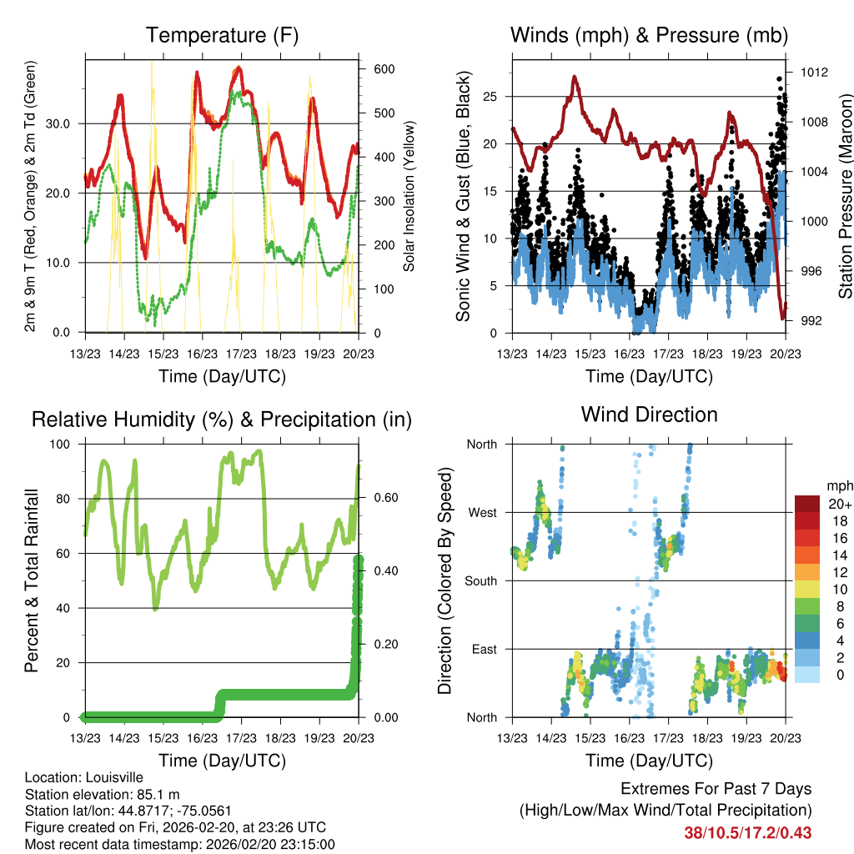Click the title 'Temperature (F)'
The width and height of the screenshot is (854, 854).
pyautogui.click(x=222, y=35)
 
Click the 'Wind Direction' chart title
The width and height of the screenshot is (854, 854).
pyautogui.click(x=649, y=414)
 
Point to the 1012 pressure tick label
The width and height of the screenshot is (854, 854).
pyautogui.click(x=812, y=73)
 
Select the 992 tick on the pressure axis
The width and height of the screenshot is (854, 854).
pyautogui.click(x=809, y=321)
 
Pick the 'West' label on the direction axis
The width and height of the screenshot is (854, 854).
pyautogui.click(x=482, y=513)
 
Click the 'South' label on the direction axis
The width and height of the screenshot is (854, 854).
pyautogui.click(x=480, y=581)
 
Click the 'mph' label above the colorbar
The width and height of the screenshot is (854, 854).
pyautogui.click(x=838, y=485)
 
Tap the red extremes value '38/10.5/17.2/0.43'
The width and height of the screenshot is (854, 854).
pyautogui.click(x=747, y=833)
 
